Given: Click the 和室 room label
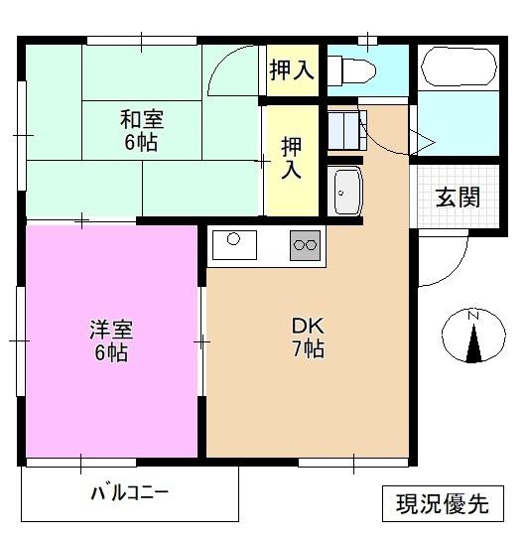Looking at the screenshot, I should [142, 120].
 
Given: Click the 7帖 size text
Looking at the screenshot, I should [306, 349].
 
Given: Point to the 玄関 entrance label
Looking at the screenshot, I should [458, 196].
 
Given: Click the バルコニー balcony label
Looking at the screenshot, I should [129, 492].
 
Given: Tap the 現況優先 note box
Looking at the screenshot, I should [442, 503].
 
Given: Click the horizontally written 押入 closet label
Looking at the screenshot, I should [291, 70].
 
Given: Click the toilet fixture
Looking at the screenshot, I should [353, 70].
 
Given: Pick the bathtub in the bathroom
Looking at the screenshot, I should [459, 68].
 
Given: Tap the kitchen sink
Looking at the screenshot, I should [234, 242].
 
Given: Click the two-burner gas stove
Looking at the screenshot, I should [306, 243].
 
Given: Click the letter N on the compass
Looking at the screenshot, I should [473, 316].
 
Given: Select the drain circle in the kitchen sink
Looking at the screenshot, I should [233, 238].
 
